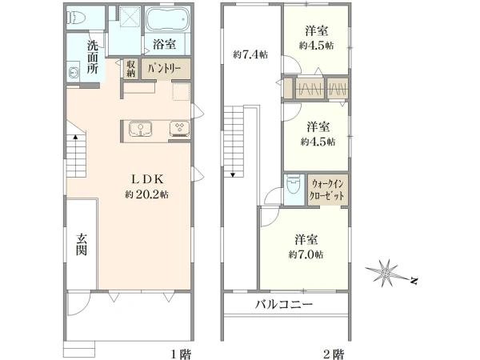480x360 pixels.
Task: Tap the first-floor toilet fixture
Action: pos(76,17)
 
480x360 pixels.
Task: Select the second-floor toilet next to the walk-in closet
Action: pos(293,186)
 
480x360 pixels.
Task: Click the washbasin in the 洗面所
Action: pos(74,72)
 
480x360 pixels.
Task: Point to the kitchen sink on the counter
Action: pos(140,129)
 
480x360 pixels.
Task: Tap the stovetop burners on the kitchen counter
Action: pos(180,128)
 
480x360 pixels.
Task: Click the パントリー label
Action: pos(164,69)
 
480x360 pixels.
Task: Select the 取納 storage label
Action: pos(131,69)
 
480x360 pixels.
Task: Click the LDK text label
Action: pos(147,179)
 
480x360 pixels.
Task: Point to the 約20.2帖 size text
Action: pos(146,194)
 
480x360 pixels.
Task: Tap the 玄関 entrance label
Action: pos(82,245)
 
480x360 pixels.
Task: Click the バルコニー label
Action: pos(284,304)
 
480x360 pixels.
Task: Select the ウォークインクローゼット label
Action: pos(327,190)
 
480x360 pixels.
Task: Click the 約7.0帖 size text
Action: pos(306,254)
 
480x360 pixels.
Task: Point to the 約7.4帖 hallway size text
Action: pos(250,54)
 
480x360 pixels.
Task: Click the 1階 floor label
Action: pos(181,354)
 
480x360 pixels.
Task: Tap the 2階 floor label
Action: pos(334,354)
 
